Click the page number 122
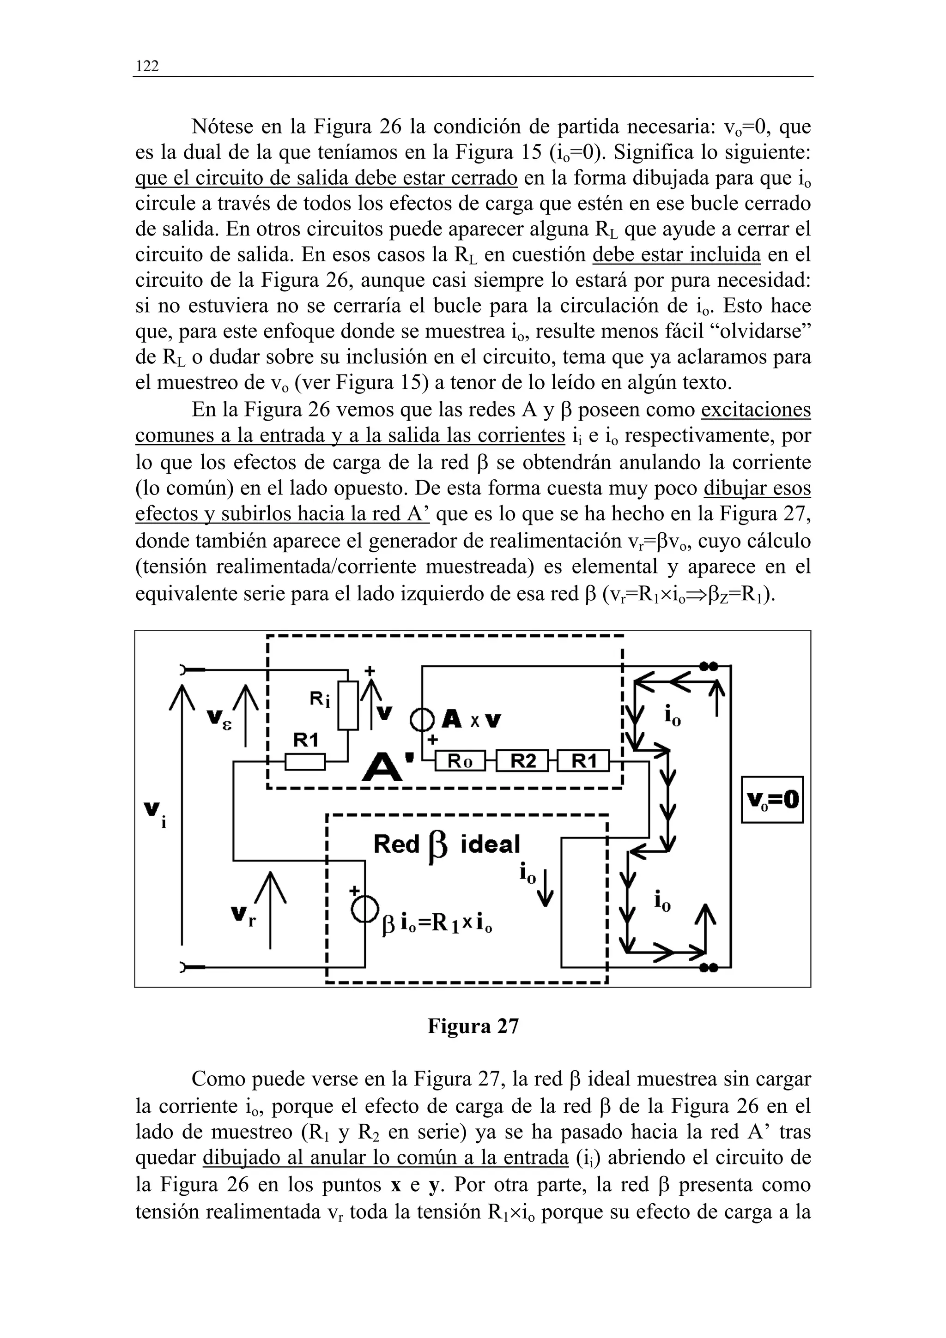coord(147,66)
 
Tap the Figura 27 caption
coord(473,1025)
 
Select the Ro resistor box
coord(460,761)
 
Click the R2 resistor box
coord(523,761)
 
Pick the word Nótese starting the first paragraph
coord(221,126)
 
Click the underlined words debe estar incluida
coord(676,255)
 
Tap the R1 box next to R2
coord(583,761)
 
